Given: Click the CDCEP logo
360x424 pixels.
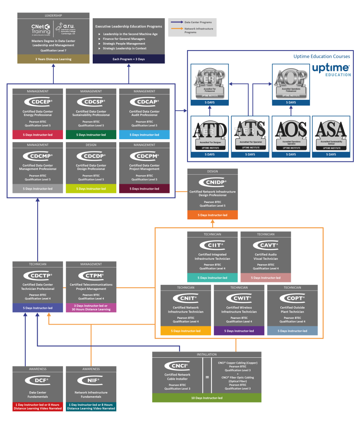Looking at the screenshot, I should pos(38,101).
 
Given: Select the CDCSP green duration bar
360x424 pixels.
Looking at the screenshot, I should pos(91,135).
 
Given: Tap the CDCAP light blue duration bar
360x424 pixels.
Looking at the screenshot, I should pos(144,135).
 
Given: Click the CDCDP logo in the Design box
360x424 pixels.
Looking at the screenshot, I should pos(91,156).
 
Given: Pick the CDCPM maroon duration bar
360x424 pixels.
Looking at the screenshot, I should pos(144,188).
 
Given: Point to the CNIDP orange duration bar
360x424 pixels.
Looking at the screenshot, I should pos(212,215).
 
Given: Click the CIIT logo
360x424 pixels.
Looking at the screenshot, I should pos(212,245).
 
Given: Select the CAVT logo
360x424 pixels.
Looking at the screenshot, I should pos(266,245).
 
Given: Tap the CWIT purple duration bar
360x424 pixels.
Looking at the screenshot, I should pos(239,331).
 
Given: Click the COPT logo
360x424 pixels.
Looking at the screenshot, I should pos(292,298).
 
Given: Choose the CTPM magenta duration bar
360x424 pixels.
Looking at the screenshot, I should pos(91,307).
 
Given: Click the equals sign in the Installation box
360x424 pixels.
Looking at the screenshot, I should pos(207,377).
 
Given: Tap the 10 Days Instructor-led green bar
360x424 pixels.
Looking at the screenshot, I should pos(206,398).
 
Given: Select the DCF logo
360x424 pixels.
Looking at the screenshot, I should pos(38,380).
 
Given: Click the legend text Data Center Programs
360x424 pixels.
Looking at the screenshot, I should pos(199,22).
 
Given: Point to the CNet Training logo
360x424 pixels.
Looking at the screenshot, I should pos(41,29).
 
